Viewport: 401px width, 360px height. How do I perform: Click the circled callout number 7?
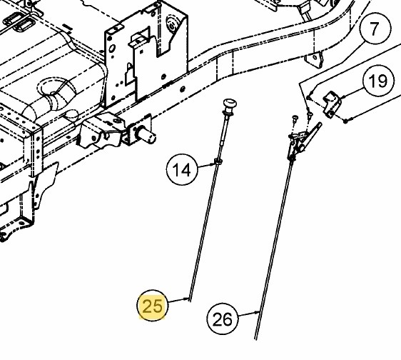tap(375, 29)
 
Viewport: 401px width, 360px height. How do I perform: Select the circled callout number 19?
tap(378, 81)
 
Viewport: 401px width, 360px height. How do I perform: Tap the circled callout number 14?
tap(182, 169)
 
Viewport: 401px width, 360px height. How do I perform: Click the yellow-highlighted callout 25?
tap(153, 305)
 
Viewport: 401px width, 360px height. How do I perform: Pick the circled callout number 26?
tap(223, 319)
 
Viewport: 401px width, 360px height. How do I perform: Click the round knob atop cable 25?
tap(230, 104)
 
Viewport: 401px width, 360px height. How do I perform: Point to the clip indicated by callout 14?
tap(218, 161)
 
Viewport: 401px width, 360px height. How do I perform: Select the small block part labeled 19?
tap(333, 104)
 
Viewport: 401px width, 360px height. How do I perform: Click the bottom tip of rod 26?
tap(255, 339)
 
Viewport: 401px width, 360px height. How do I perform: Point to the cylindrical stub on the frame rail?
tap(146, 134)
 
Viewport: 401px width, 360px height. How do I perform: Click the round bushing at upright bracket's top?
tap(172, 24)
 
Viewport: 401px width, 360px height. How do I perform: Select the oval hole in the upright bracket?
tap(112, 49)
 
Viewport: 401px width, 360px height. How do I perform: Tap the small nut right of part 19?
tap(346, 121)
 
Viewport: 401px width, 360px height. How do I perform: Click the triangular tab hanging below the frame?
tap(314, 60)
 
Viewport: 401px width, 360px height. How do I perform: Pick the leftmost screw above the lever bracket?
tap(295, 119)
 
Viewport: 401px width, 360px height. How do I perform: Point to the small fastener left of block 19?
tap(308, 97)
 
